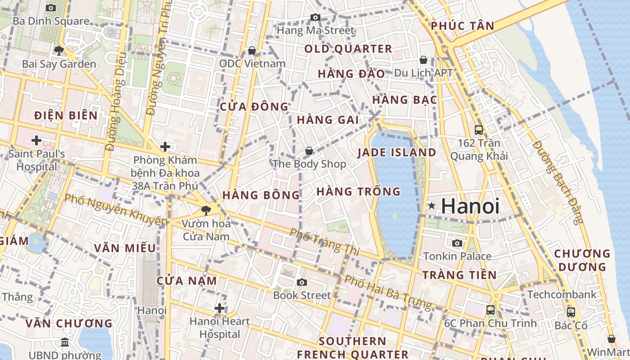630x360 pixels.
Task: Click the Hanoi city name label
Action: pyautogui.click(x=470, y=206)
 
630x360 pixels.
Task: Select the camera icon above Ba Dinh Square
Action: pyautogui.click(x=51, y=8)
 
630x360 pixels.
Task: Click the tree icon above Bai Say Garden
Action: pyautogui.click(x=58, y=50)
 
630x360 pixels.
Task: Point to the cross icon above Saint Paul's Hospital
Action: pyautogui.click(x=36, y=140)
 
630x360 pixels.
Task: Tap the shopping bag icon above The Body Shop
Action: pyautogui.click(x=309, y=151)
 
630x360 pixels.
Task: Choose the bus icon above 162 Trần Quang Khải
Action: pyautogui.click(x=479, y=130)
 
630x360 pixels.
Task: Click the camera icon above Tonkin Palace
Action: pyautogui.click(x=457, y=243)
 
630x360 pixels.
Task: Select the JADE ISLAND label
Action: pyautogui.click(x=397, y=153)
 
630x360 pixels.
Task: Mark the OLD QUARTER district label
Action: pyautogui.click(x=348, y=49)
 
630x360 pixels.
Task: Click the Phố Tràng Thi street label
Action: pyautogui.click(x=324, y=242)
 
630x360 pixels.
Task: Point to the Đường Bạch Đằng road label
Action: pyautogui.click(x=558, y=182)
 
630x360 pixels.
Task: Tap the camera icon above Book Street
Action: pyautogui.click(x=302, y=282)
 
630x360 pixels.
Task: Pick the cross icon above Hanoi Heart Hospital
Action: pyautogui.click(x=220, y=308)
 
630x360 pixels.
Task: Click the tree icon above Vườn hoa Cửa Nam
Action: pyautogui.click(x=206, y=210)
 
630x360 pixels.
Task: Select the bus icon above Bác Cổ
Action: pyautogui.click(x=571, y=312)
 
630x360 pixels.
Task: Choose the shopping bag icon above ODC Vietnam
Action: pyautogui.click(x=252, y=50)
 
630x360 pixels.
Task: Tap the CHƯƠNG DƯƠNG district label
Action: pyautogui.click(x=582, y=260)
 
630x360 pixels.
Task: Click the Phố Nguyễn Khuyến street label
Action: pyautogui.click(x=116, y=210)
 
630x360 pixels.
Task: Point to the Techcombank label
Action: pyautogui.click(x=562, y=295)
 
